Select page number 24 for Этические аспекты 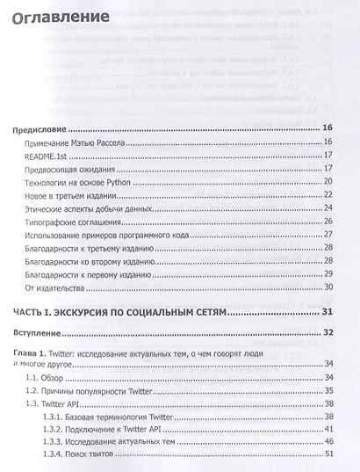328,208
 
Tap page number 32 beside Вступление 328,334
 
